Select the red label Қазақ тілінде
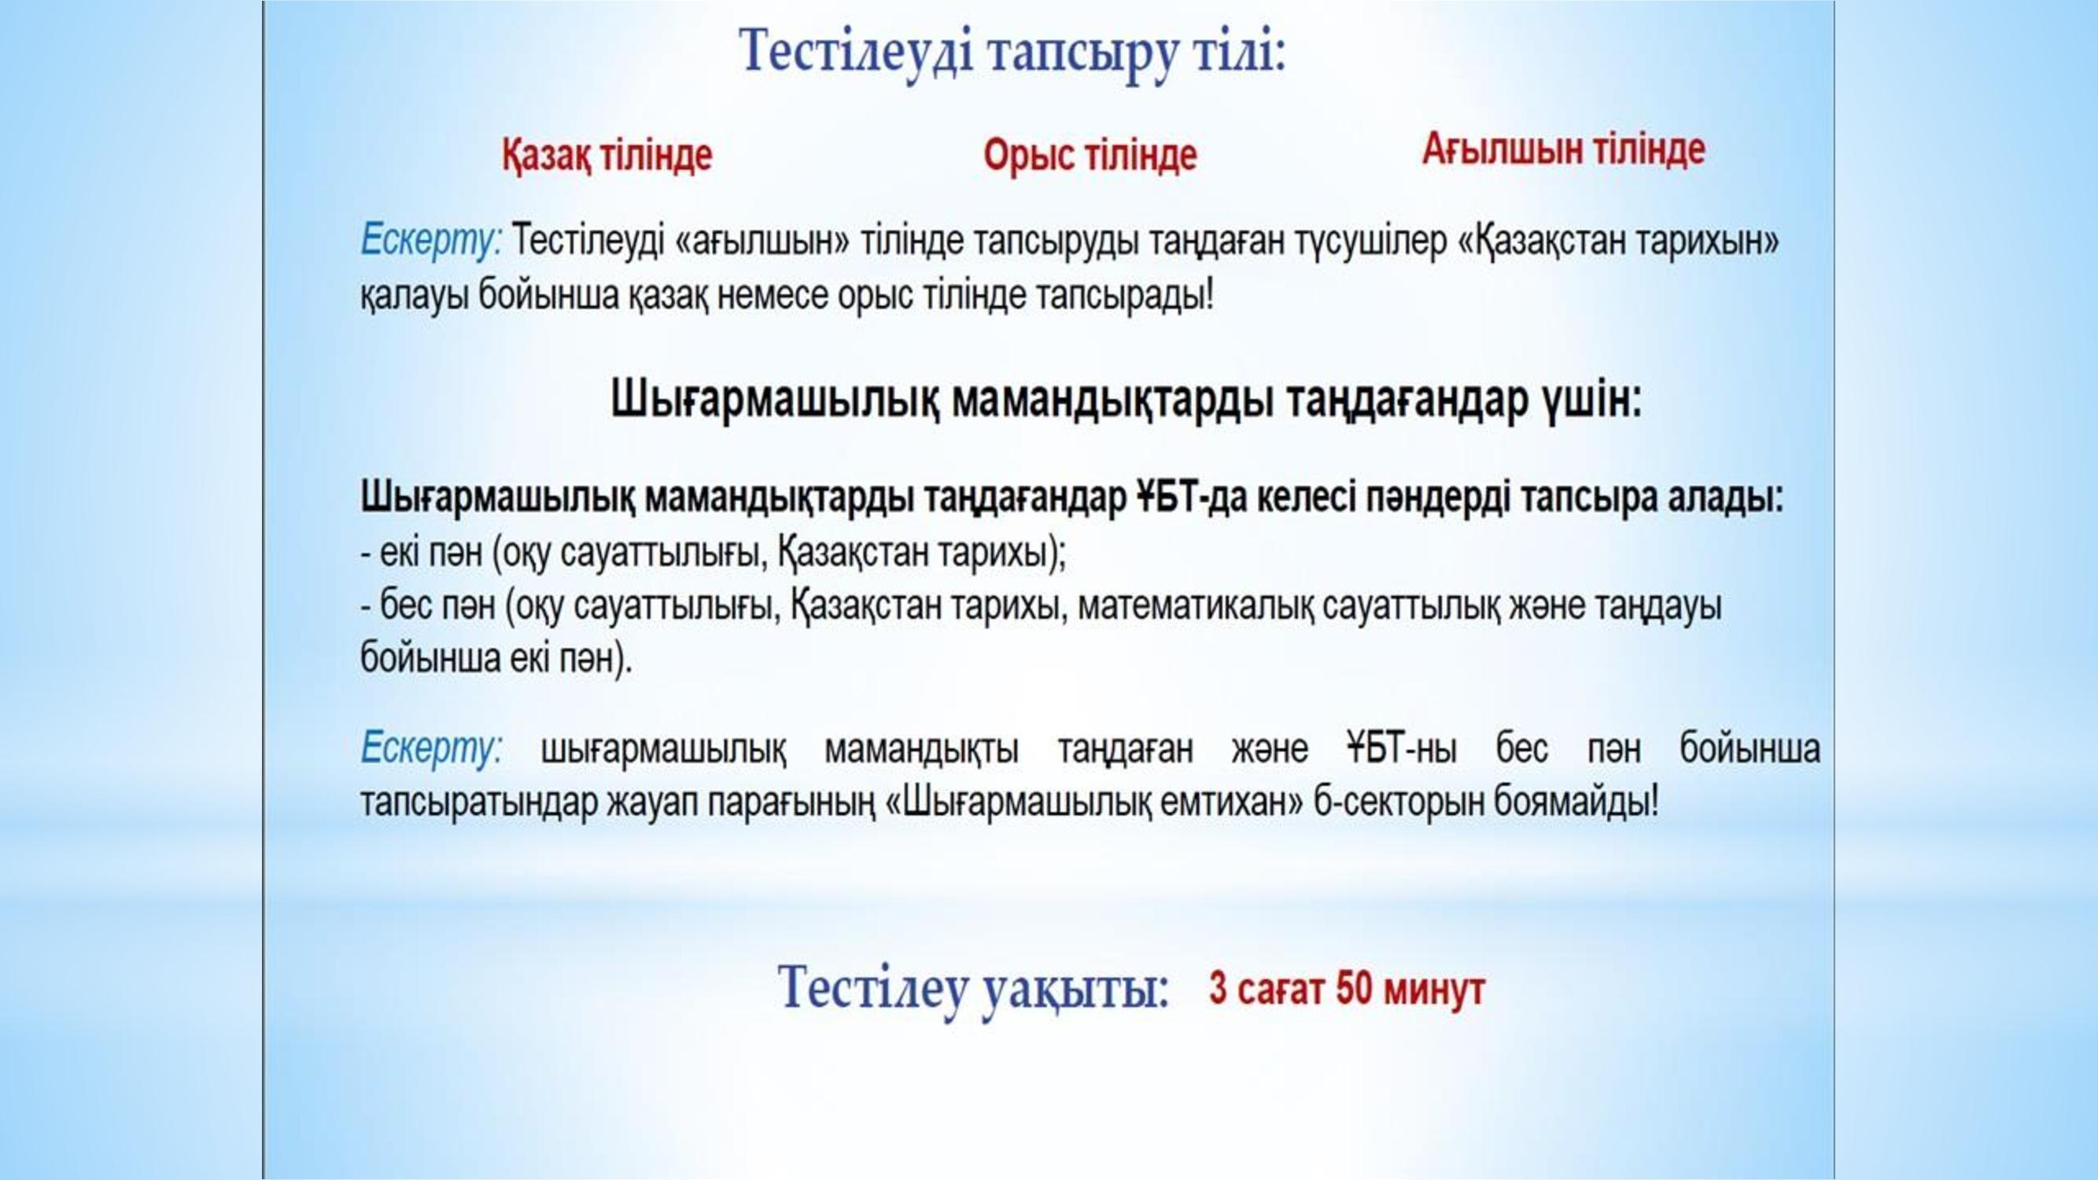[607, 155]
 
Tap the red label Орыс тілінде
[1090, 155]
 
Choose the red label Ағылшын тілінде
[1564, 149]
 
